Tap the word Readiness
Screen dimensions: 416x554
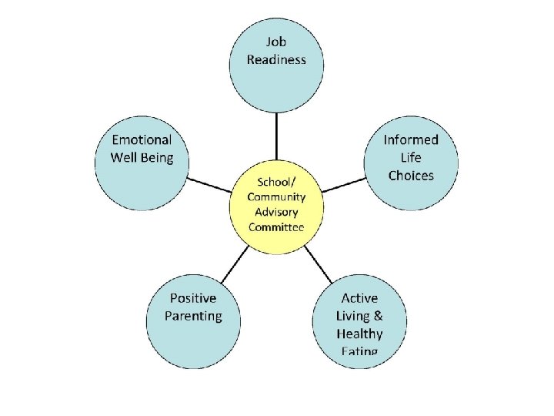276,59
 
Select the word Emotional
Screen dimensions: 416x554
142,139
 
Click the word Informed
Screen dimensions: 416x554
411,139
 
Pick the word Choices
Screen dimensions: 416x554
411,176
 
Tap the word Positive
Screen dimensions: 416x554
193,298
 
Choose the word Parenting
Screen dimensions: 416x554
193,316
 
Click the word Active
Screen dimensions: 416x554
359,298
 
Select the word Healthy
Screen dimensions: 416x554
359,334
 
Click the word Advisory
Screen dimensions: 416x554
276,212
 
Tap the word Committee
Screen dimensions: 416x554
276,226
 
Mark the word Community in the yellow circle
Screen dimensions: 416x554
276,197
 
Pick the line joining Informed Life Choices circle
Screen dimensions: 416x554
343,183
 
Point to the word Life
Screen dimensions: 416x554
411,158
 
